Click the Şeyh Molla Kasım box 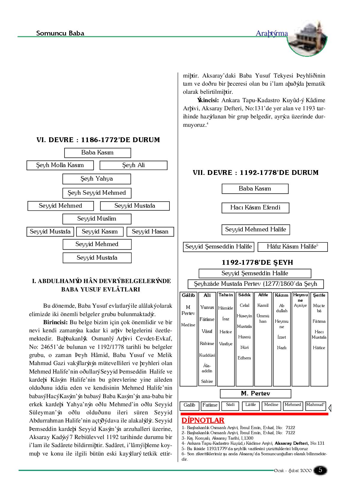pyautogui.click(x=60, y=165)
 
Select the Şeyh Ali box pyautogui.click(x=133, y=165)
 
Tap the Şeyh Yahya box pyautogui.click(x=97, y=179)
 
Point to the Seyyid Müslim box pyautogui.click(x=97, y=219)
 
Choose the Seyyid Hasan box pyautogui.click(x=150, y=232)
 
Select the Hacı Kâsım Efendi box pyautogui.click(x=255, y=208)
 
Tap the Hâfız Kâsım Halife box pyautogui.click(x=292, y=247)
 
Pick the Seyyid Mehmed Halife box pyautogui.click(x=256, y=230)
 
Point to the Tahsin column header pyautogui.click(x=226, y=295)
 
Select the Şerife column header pyautogui.click(x=319, y=295)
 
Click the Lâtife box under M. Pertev pyautogui.click(x=250, y=405)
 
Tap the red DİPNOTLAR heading pyautogui.click(x=203, y=420)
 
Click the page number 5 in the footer pyautogui.click(x=320, y=470)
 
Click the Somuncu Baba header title pyautogui.click(x=60, y=33)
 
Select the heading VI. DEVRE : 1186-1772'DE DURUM pyautogui.click(x=98, y=140)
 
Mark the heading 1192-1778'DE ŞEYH pyautogui.click(x=257, y=263)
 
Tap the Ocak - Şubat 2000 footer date pyautogui.click(x=292, y=471)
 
